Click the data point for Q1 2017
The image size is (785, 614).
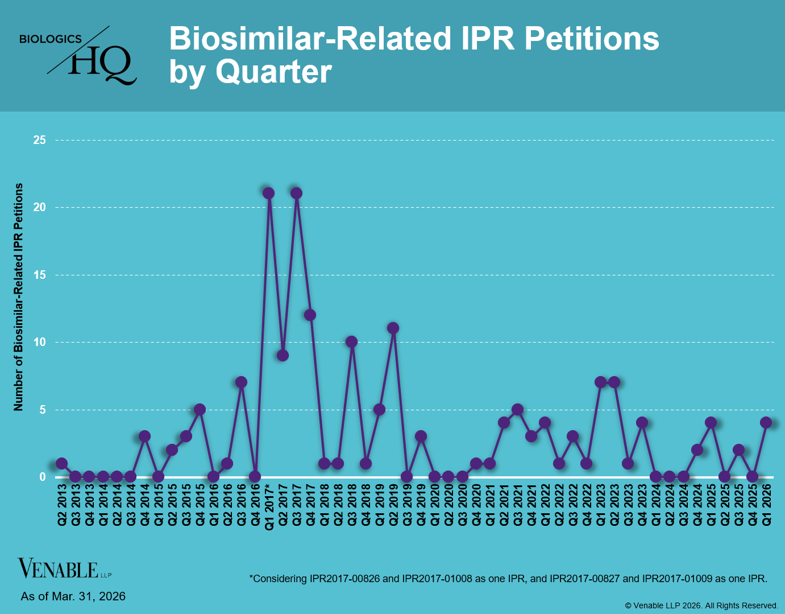[x=269, y=193]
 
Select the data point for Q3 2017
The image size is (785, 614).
[x=296, y=193]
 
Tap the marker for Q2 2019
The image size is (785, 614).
[x=393, y=328]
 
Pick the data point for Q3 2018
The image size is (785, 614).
[x=351, y=342]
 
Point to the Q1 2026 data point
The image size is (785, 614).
[x=766, y=423]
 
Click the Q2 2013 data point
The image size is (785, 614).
[x=61, y=464]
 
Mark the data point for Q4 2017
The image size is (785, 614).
[x=310, y=315]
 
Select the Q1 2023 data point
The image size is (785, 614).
[x=600, y=382]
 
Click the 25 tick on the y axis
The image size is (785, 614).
[x=39, y=140]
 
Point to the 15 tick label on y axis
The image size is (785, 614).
[x=39, y=275]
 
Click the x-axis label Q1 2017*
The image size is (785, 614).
[x=269, y=507]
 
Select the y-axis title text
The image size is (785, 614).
[x=19, y=297]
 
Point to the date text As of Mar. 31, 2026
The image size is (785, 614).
[x=73, y=596]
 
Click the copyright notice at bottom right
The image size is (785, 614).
[x=701, y=605]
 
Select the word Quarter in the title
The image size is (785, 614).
[x=273, y=72]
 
